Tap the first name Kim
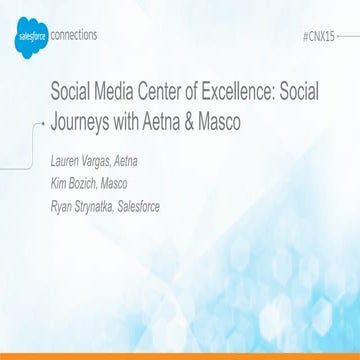click(60, 184)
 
